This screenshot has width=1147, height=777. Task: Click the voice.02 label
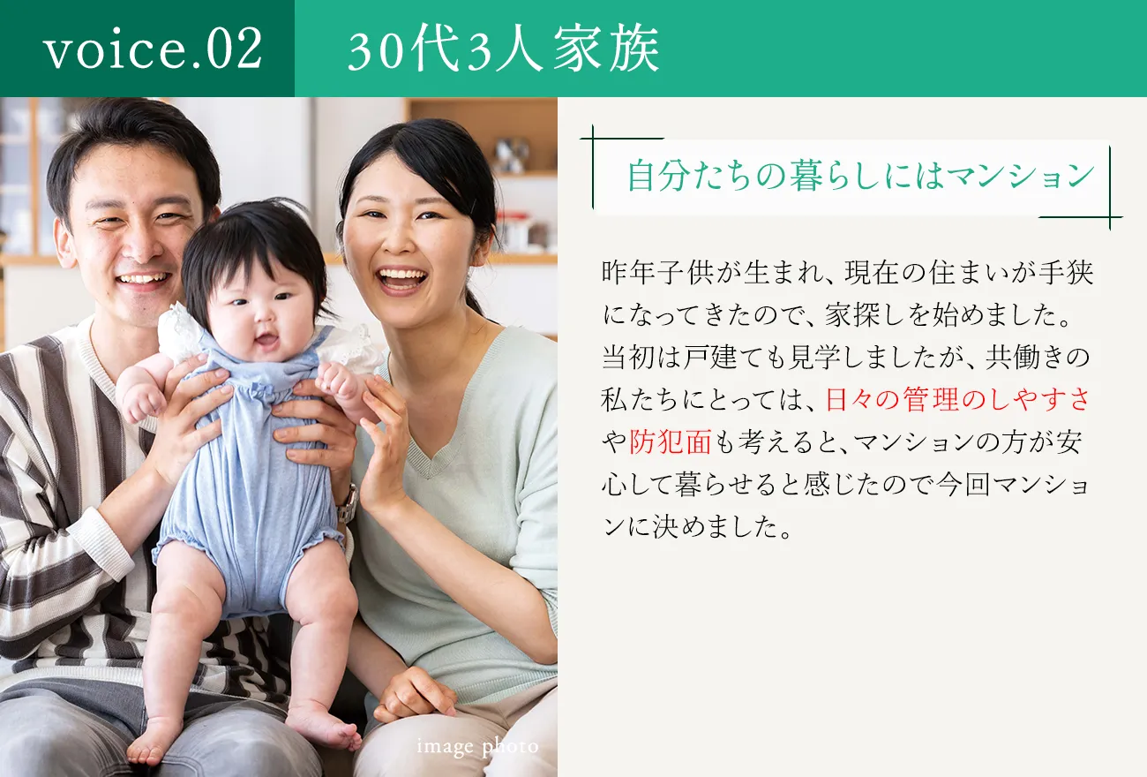[153, 49]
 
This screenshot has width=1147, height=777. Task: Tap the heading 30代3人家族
[503, 51]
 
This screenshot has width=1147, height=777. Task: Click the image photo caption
[477, 747]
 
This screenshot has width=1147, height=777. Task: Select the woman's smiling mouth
[402, 278]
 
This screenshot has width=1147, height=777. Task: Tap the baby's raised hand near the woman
[338, 381]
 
